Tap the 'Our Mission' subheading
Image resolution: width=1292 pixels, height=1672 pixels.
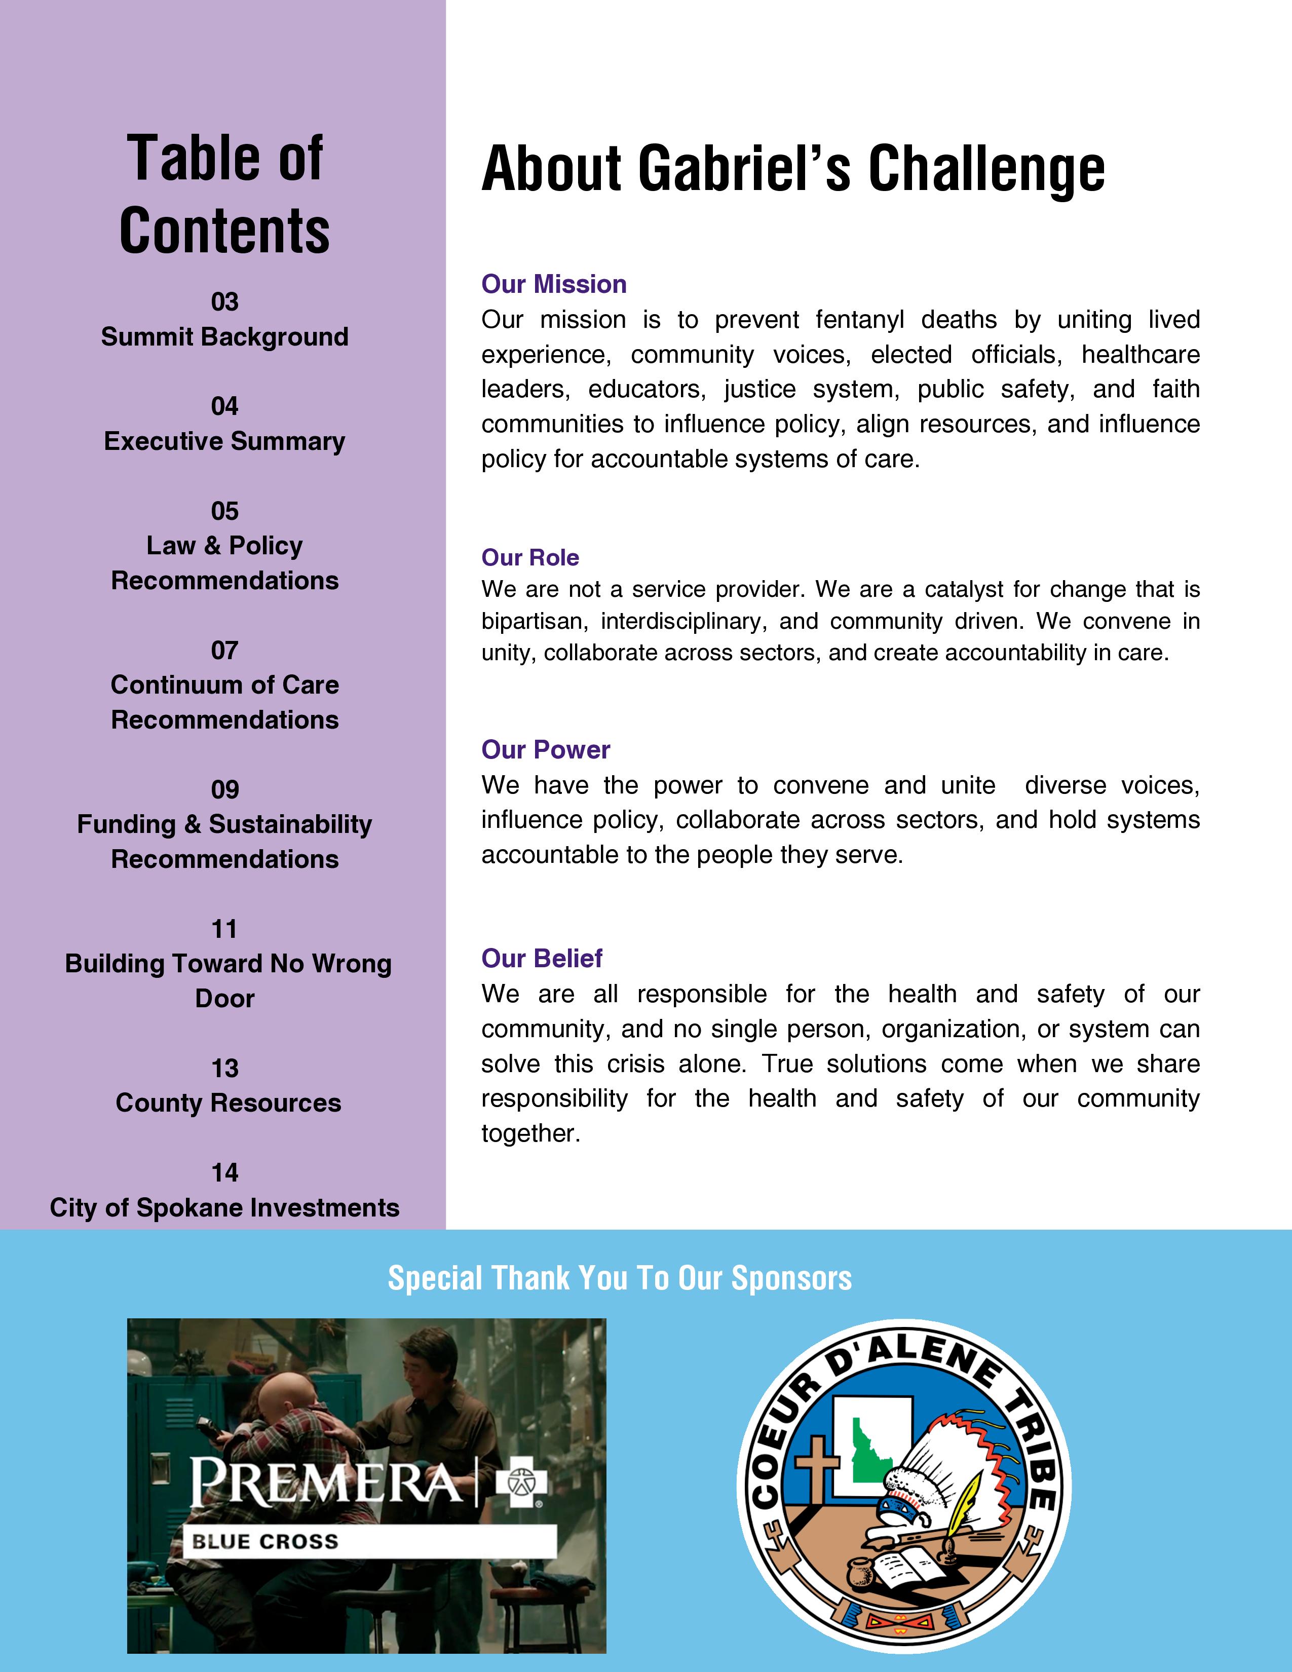553,284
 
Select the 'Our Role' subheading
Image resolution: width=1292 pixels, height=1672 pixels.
529,557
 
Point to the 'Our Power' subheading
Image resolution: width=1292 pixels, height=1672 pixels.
545,749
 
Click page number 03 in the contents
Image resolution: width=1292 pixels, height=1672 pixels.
224,301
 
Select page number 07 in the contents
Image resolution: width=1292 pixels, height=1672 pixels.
224,650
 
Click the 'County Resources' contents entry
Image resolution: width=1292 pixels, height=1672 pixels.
228,1103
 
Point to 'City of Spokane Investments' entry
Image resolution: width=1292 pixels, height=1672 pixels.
224,1207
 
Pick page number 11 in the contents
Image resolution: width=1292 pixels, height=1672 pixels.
224,929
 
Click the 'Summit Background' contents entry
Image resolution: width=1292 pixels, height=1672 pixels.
224,337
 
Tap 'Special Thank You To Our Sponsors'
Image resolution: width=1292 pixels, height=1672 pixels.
619,1278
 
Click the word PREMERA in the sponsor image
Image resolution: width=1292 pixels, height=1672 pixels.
325,1482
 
